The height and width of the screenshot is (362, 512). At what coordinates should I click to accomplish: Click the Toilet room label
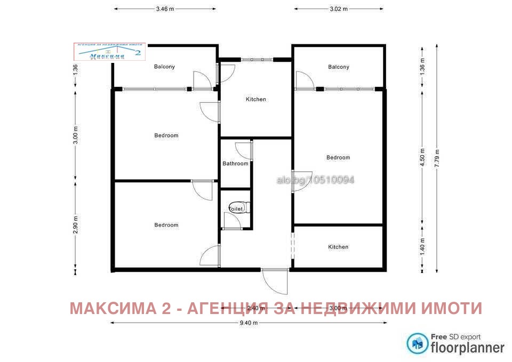[236, 210]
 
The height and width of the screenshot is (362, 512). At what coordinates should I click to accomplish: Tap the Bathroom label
[235, 164]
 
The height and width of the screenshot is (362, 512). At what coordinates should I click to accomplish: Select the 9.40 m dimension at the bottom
[247, 323]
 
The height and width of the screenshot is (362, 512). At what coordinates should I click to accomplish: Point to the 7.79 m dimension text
[437, 158]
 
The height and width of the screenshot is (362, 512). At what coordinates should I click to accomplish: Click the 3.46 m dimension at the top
[165, 9]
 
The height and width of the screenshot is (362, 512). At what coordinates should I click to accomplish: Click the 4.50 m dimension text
[422, 158]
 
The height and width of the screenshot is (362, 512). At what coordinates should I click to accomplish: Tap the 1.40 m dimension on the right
[422, 247]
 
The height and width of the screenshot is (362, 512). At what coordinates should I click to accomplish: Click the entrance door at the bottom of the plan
[275, 281]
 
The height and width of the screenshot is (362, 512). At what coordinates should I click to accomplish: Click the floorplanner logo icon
[417, 343]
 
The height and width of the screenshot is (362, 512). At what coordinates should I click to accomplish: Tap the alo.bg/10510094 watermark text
[315, 180]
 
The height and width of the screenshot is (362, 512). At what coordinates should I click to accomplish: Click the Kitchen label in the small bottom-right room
[338, 247]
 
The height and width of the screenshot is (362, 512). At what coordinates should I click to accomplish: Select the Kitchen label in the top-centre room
[255, 99]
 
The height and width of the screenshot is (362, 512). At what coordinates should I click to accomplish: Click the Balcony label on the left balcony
[164, 67]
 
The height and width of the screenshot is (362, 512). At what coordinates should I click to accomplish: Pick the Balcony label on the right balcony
[339, 67]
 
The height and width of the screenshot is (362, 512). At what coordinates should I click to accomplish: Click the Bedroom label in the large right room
[338, 157]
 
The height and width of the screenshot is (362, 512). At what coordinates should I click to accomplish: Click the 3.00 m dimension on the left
[75, 135]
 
